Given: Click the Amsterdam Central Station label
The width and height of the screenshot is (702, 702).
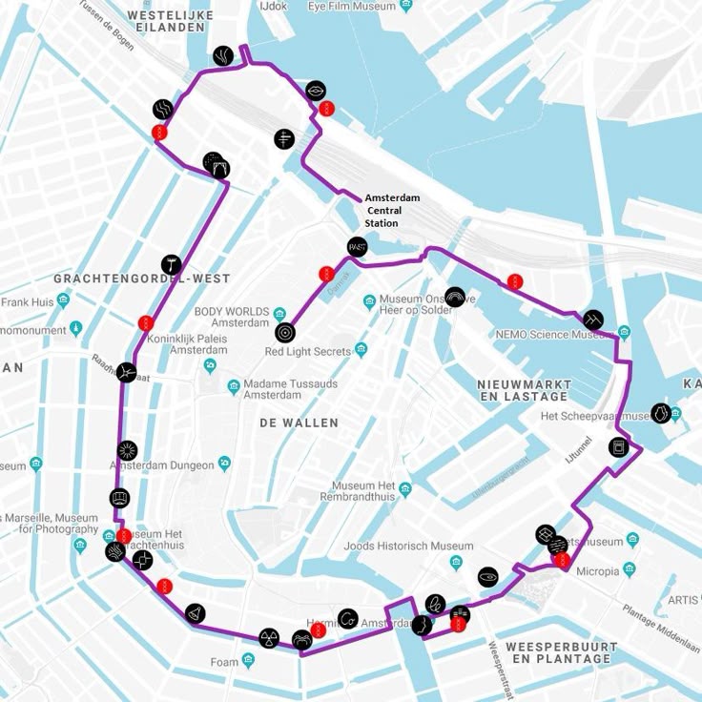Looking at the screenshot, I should (391, 210).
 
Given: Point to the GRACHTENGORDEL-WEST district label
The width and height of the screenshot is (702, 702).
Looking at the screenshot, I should (141, 279).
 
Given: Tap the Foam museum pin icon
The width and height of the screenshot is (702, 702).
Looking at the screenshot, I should (248, 660).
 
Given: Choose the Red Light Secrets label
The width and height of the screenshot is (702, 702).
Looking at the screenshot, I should (308, 352).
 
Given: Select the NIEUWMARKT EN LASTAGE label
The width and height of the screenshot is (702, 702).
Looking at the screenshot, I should (524, 389).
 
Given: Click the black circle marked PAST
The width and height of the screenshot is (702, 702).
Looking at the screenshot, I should (357, 246).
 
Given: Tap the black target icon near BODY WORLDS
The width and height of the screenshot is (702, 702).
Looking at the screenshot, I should (284, 333).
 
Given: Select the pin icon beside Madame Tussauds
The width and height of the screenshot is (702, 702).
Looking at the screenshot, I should (234, 386).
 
